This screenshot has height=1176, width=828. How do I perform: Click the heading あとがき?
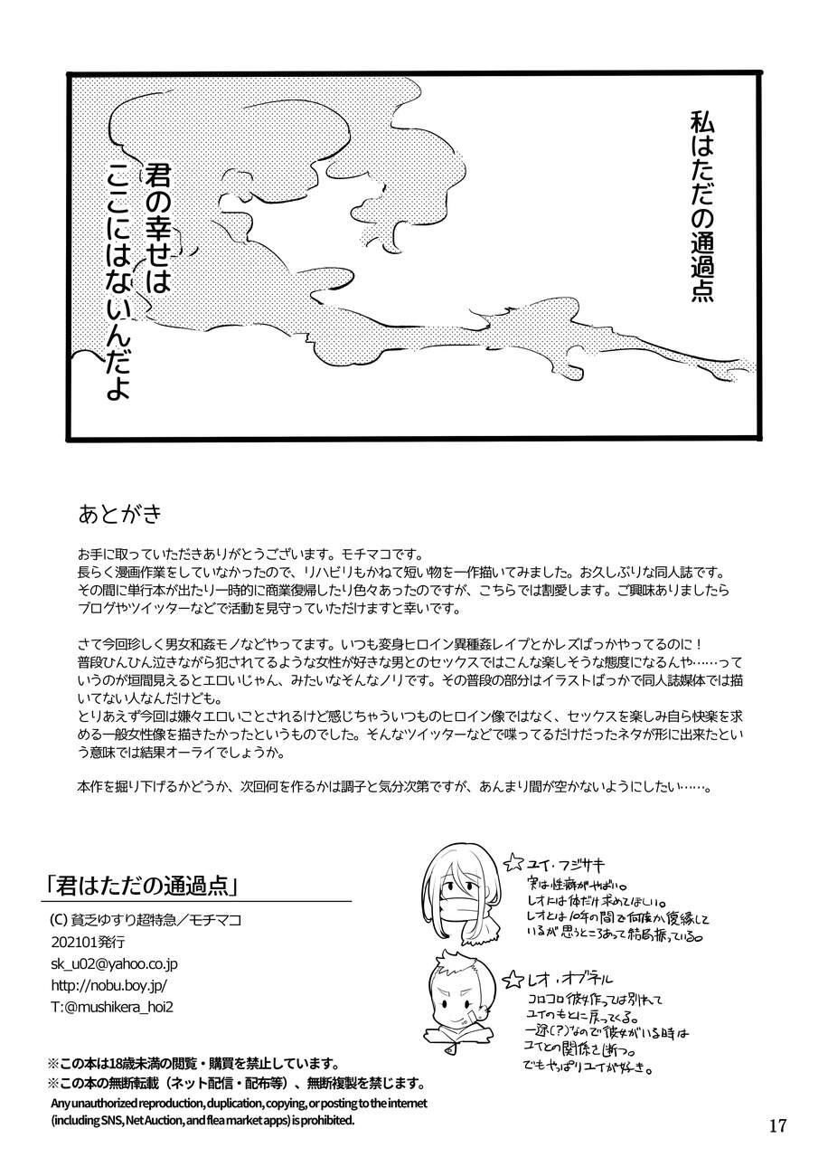(119, 515)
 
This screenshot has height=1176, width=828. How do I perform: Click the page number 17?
(777, 1125)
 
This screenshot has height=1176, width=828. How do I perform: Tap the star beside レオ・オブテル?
(513, 978)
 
